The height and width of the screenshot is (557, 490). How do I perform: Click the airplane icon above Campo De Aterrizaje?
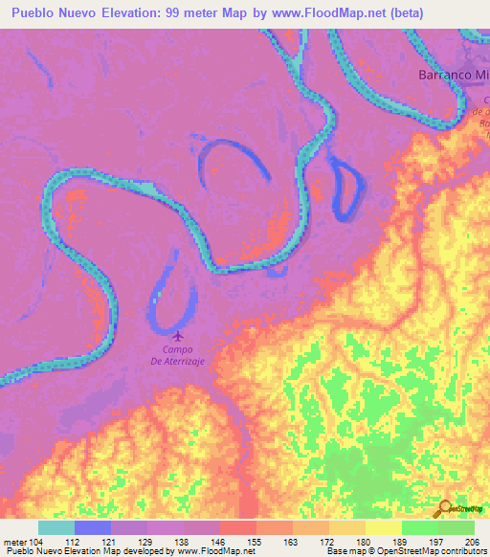tap(178, 335)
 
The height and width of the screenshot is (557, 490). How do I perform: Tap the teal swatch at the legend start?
tap(56, 527)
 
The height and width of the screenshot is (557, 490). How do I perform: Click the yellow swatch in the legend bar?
tap(384, 527)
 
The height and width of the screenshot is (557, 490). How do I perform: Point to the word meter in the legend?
tap(16, 541)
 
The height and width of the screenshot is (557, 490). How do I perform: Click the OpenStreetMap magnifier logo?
tap(443, 508)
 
